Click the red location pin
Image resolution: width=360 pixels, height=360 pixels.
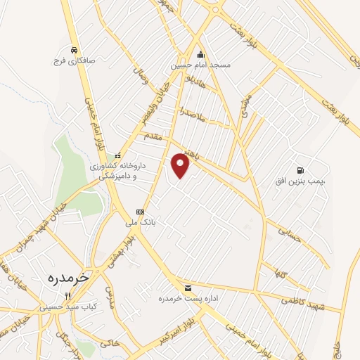[181, 166]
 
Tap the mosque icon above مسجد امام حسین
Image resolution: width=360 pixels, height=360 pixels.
[201, 53]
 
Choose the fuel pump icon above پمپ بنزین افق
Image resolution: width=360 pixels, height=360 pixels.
[301, 170]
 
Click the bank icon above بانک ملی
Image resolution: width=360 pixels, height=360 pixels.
[140, 211]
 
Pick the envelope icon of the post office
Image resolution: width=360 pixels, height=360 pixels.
[188, 288]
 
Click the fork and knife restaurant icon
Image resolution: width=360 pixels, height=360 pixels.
[67, 296]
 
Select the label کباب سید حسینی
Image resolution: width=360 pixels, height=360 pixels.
[63, 307]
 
